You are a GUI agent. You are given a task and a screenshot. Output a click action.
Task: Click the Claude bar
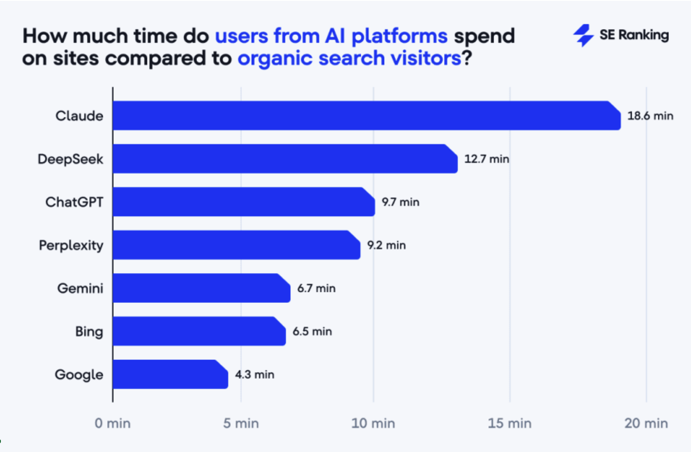366,116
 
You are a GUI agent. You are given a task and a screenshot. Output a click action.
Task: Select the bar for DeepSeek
285,159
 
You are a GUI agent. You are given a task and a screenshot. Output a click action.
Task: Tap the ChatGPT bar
244,202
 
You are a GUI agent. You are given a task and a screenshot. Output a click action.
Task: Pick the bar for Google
170,374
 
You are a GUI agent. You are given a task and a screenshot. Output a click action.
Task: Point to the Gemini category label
80,288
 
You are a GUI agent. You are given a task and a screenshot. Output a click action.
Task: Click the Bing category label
89,332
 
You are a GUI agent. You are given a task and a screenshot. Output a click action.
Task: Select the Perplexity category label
71,245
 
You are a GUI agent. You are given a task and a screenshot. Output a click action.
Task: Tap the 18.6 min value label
650,116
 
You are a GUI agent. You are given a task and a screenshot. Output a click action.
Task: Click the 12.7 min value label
487,159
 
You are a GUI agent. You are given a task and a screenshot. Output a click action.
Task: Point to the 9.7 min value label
400,202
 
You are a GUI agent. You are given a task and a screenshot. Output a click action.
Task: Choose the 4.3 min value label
254,374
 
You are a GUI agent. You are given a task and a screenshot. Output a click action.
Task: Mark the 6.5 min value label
312,332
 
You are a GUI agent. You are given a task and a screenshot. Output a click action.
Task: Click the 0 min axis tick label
112,423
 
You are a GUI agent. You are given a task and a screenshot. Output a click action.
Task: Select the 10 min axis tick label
373,423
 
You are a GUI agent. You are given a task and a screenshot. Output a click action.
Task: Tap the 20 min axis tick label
646,423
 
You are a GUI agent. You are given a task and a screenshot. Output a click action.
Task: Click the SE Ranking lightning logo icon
583,35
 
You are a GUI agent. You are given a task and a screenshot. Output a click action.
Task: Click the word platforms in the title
400,37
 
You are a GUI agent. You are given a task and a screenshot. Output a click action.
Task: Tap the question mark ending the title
467,58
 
